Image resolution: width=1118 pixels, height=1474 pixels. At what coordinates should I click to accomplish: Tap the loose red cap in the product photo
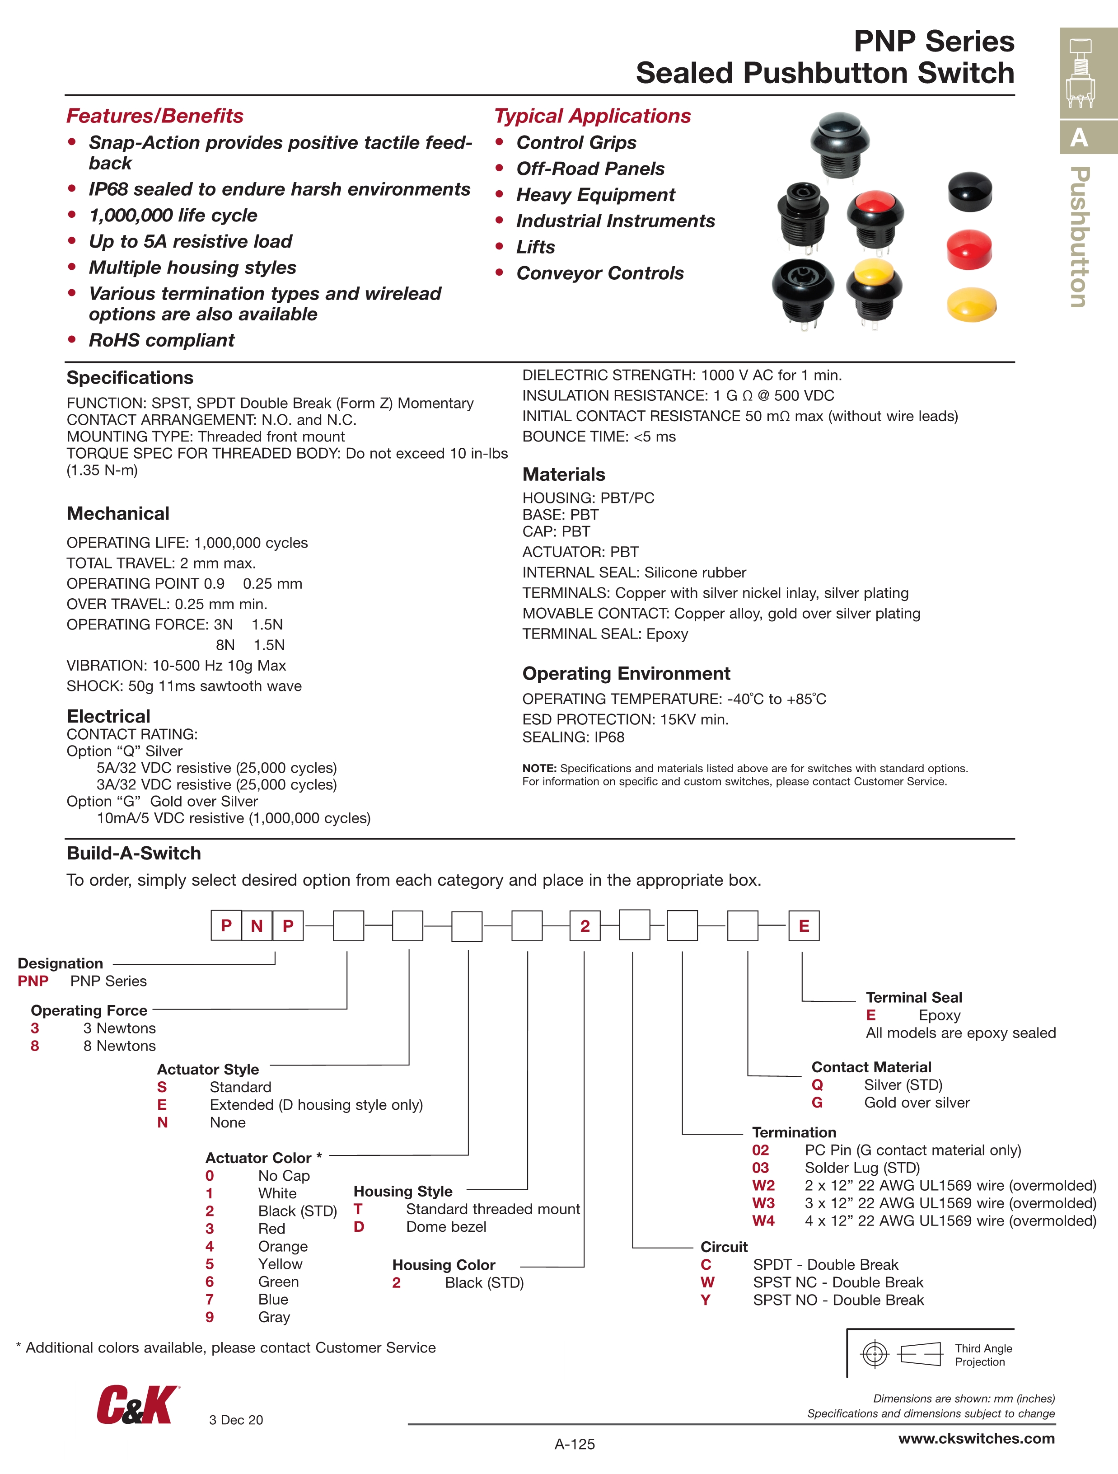969,250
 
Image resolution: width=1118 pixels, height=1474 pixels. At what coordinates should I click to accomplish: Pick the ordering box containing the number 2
585,925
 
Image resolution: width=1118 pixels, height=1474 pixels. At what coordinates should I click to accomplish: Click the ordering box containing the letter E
804,925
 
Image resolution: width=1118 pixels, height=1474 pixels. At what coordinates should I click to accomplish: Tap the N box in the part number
257,925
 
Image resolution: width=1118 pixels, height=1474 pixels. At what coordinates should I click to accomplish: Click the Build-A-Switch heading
133,853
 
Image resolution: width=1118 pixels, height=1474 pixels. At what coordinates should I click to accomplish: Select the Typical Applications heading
592,116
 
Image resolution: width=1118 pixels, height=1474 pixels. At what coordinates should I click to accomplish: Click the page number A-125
574,1444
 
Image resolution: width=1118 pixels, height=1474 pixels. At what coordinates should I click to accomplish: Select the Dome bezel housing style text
446,1227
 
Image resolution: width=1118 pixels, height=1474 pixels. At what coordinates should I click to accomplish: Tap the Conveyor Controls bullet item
599,273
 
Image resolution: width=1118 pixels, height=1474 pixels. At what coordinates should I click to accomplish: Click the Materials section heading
564,474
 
